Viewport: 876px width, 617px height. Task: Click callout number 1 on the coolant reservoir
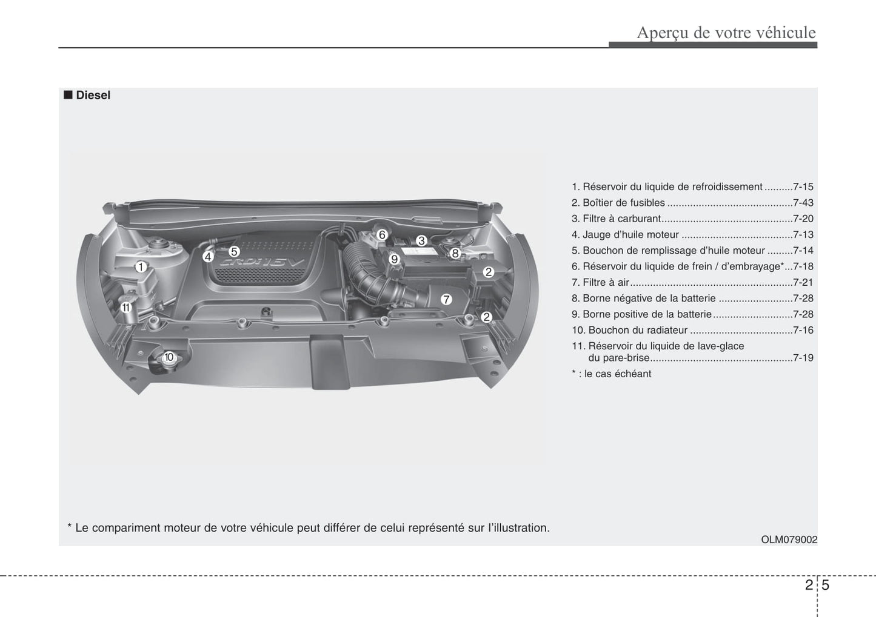141,267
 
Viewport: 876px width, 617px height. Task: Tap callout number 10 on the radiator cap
169,357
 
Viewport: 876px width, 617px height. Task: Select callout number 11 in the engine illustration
125,308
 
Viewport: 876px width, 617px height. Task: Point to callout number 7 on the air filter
446,300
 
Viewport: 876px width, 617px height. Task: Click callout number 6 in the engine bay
382,235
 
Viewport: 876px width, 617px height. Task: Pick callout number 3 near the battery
421,240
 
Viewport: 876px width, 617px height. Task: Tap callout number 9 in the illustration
394,259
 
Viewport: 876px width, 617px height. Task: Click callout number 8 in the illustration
455,254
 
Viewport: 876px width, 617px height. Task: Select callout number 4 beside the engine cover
208,257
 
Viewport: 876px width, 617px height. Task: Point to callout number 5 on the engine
234,251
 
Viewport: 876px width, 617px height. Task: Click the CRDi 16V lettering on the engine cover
262,263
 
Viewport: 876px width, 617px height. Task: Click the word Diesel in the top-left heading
93,95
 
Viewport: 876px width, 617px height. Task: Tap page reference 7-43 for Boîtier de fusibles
803,203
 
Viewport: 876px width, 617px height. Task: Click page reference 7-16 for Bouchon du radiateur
803,331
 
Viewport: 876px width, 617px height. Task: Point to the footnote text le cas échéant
618,374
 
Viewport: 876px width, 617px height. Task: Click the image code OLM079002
789,539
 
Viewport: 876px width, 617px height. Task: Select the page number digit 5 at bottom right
825,584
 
